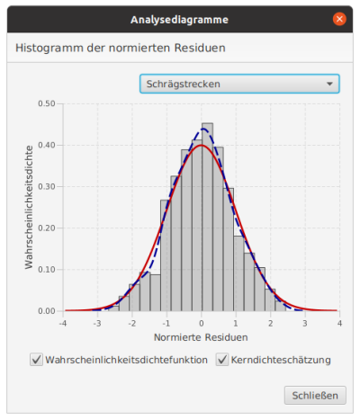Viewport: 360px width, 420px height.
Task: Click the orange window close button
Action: pyautogui.click(x=339, y=18)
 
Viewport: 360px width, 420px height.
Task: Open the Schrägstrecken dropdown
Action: pyautogui.click(x=239, y=85)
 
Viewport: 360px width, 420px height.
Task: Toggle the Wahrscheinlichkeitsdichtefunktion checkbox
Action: pyautogui.click(x=37, y=360)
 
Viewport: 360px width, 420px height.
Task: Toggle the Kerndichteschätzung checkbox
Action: pyautogui.click(x=222, y=360)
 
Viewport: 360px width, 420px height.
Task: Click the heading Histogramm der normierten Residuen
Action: pyautogui.click(x=121, y=48)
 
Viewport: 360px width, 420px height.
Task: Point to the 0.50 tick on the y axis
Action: pyautogui.click(x=46, y=103)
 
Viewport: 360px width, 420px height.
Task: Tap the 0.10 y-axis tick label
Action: pyautogui.click(x=46, y=269)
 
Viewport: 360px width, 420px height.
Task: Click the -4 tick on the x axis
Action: pyautogui.click(x=62, y=322)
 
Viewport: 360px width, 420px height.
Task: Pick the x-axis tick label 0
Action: pyautogui.click(x=202, y=322)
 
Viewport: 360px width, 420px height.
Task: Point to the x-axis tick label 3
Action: pyautogui.click(x=305, y=322)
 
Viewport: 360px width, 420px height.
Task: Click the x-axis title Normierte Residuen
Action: pyautogui.click(x=201, y=337)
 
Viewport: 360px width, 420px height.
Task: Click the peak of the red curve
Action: pyautogui.click(x=202, y=146)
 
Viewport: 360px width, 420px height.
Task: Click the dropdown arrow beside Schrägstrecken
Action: pyautogui.click(x=327, y=85)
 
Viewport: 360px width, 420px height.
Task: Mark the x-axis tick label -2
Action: pyautogui.click(x=131, y=322)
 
